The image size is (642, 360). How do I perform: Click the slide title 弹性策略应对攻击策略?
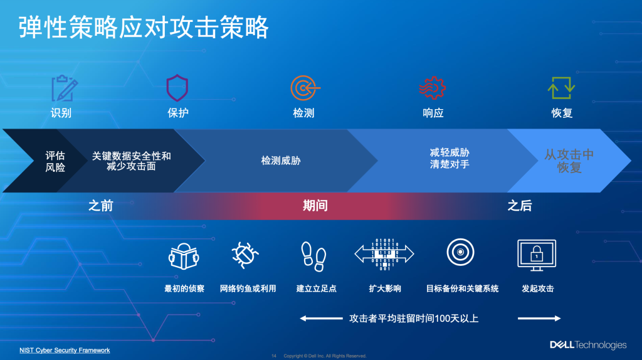(144, 27)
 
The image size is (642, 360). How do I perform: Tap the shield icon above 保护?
(177, 88)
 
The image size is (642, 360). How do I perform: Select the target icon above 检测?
(304, 88)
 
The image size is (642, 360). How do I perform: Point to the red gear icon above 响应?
(433, 88)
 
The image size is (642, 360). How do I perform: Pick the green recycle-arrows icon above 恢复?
(561, 88)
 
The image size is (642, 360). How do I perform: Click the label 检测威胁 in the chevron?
(281, 161)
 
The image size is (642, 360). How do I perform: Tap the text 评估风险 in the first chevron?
(55, 161)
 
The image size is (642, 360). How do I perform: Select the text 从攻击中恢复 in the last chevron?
(569, 161)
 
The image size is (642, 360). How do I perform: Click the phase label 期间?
(315, 205)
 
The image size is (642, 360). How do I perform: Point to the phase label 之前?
(100, 205)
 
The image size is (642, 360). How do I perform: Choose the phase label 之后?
(520, 205)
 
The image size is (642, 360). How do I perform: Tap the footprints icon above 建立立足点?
(313, 254)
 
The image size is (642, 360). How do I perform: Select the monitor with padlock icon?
(537, 254)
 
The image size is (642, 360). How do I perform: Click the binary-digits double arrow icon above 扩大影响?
(384, 254)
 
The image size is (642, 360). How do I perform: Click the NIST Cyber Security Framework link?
(65, 350)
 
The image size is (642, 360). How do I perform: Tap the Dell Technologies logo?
(588, 344)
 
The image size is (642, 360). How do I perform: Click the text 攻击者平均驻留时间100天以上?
(414, 319)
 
